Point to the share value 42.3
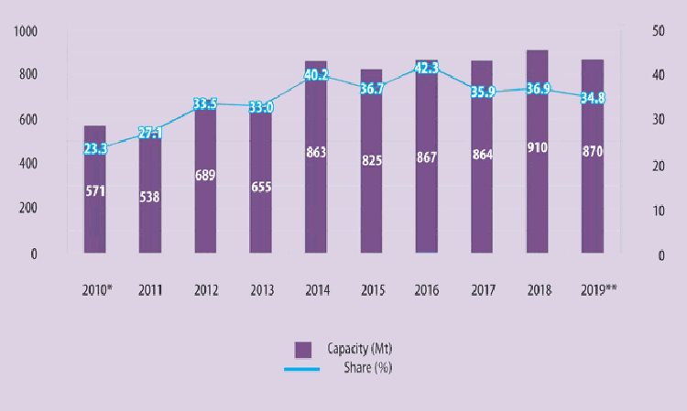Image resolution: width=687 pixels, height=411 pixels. click(x=427, y=67)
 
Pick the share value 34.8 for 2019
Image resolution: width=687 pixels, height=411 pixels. click(x=594, y=97)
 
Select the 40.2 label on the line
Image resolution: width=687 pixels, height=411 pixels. click(x=316, y=76)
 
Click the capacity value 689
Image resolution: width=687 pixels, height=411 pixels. click(x=205, y=175)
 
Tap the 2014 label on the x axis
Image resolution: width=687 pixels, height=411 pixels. click(x=316, y=290)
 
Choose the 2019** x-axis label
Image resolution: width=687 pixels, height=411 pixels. click(x=596, y=290)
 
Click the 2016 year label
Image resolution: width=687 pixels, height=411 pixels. click(x=428, y=290)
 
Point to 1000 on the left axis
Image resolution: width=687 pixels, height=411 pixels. click(x=26, y=32)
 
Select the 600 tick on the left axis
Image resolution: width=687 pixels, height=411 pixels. click(x=27, y=120)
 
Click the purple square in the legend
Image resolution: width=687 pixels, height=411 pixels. click(x=303, y=349)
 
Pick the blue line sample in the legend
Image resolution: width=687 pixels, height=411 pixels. click(x=302, y=368)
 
